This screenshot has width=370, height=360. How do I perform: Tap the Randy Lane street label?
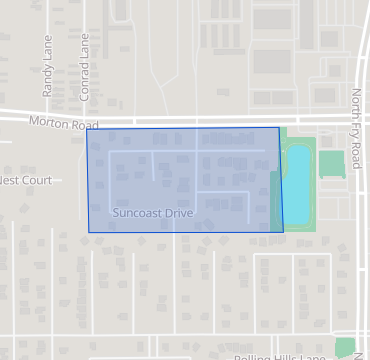pyautogui.click(x=47, y=75)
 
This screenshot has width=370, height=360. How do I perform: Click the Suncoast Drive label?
pyautogui.click(x=153, y=213)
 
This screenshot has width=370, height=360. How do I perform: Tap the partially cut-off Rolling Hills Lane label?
pyautogui.click(x=280, y=356)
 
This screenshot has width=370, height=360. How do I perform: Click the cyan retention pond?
pyautogui.click(x=297, y=185)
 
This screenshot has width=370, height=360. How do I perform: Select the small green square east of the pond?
pyautogui.click(x=331, y=163)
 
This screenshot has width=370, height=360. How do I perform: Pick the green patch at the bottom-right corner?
pyautogui.click(x=346, y=348)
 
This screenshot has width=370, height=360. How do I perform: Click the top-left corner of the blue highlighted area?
pyautogui.click(x=86, y=130)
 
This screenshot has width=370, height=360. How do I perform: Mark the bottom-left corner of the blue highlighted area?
pyautogui.click(x=89, y=232)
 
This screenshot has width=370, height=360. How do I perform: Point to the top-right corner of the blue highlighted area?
pyautogui.click(x=278, y=128)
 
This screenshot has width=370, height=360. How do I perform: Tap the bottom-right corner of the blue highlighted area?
pyautogui.click(x=283, y=232)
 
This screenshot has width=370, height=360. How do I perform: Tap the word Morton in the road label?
pyautogui.click(x=47, y=121)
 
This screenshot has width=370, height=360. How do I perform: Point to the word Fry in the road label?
pyautogui.click(x=356, y=124)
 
